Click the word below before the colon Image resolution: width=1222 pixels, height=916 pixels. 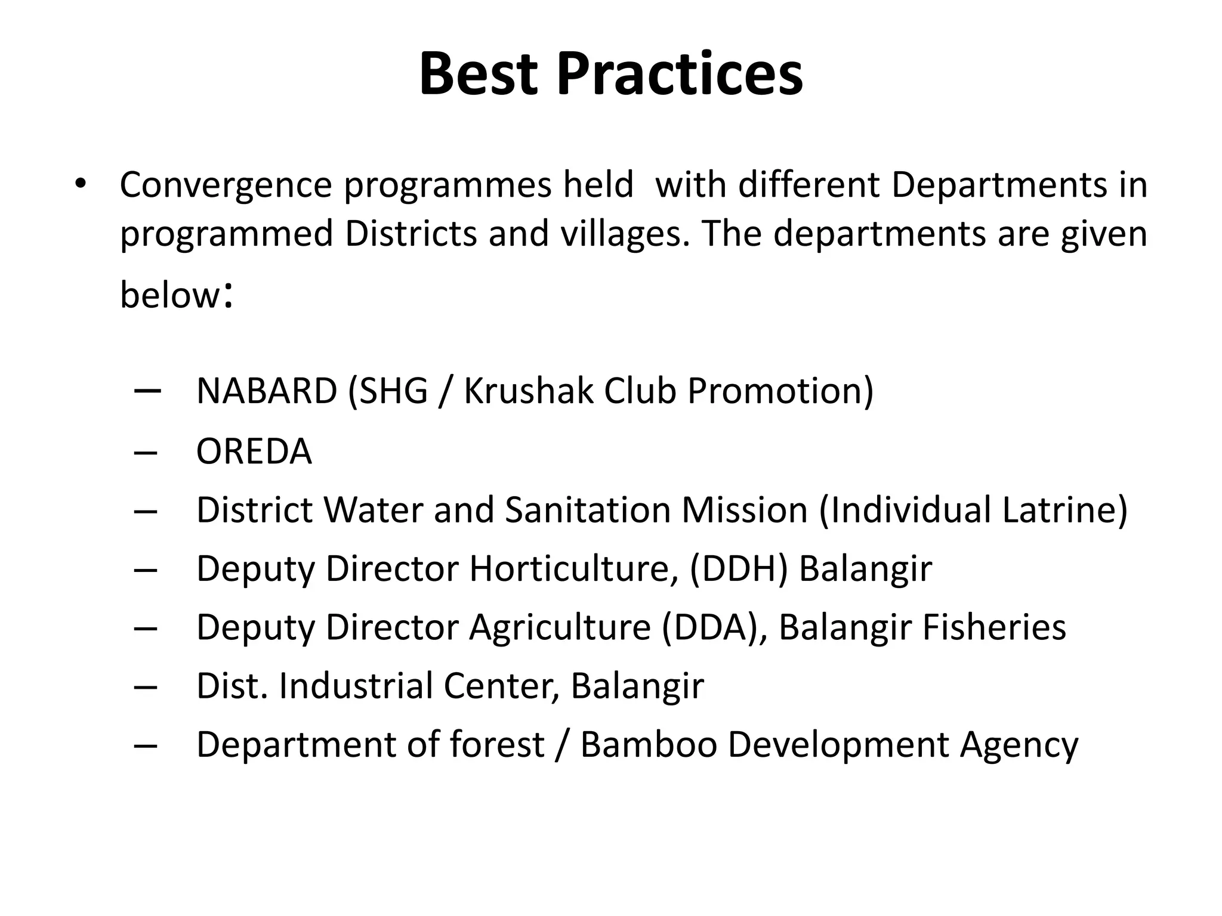point(170,295)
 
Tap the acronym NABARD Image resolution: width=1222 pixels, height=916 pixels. point(267,391)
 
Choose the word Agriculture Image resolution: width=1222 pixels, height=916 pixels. point(560,627)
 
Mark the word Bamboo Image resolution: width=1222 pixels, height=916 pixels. point(649,745)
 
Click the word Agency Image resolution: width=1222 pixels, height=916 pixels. point(1019,745)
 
